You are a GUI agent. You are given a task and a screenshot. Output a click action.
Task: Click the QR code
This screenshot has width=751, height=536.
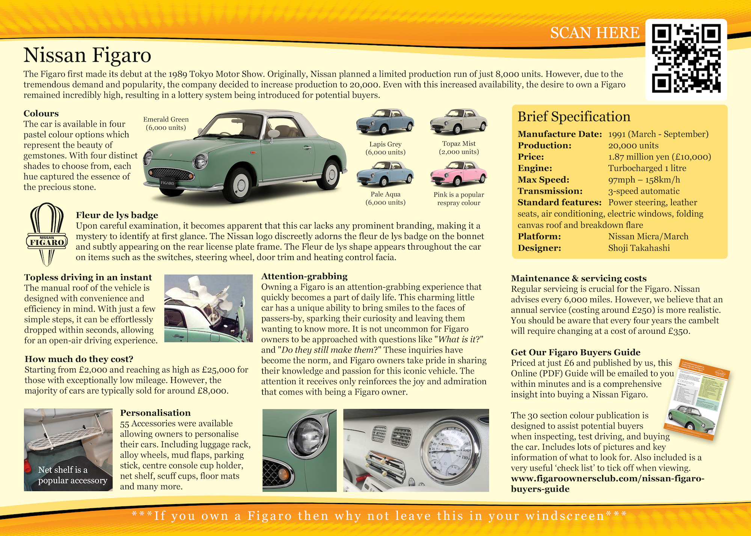686,59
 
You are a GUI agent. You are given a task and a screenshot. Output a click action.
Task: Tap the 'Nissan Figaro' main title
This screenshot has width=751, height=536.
87,55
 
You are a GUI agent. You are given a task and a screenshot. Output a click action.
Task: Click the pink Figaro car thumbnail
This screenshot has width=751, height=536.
458,174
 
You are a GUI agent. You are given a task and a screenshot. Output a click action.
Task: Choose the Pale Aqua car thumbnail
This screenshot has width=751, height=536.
385,174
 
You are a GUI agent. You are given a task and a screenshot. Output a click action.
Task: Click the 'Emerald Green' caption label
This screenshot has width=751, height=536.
166,120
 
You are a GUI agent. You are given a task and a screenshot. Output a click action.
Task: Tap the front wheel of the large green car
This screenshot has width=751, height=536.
239,184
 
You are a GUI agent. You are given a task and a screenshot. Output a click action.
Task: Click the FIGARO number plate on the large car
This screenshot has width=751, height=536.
167,183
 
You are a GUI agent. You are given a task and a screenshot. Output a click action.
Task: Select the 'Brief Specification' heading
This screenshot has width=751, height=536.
574,117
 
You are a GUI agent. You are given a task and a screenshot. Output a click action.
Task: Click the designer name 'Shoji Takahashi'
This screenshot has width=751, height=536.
639,248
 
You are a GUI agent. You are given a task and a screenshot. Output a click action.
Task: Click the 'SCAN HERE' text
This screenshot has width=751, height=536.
595,33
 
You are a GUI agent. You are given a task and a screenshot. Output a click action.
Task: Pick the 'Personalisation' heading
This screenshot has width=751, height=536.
155,413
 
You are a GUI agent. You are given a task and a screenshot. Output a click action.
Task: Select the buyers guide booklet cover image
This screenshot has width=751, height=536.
697,400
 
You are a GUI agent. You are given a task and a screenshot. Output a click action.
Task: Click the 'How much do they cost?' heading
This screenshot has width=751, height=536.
79,359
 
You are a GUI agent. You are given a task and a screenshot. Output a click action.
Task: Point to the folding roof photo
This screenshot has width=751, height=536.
208,308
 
